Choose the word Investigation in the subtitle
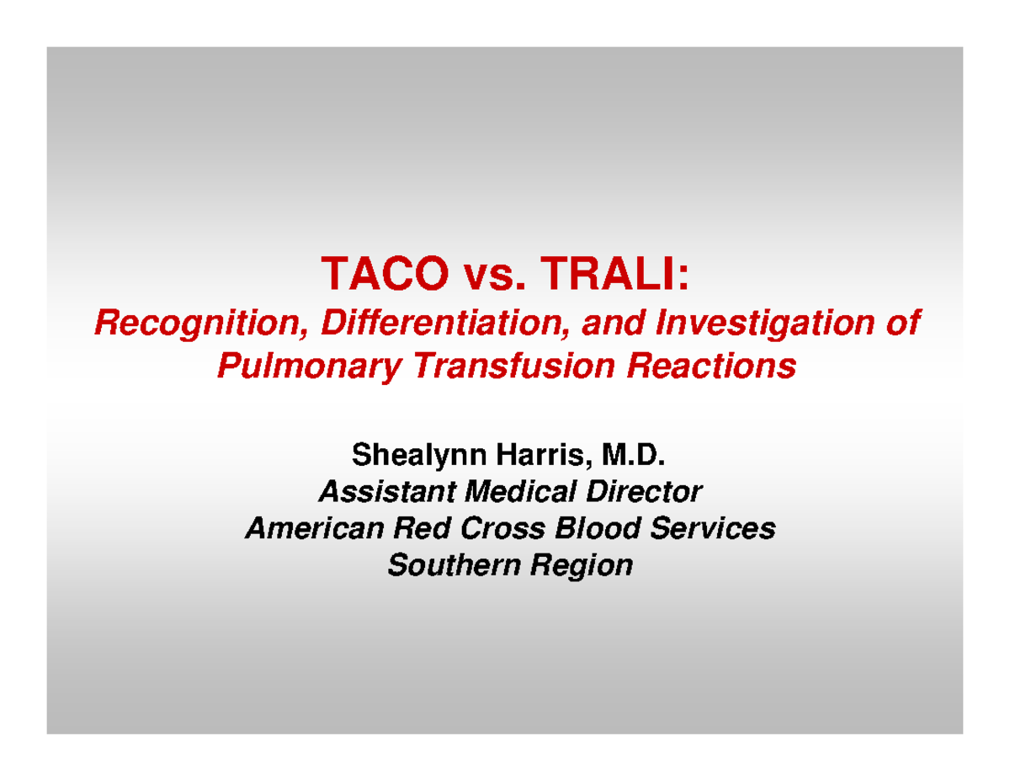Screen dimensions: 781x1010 [x=763, y=324]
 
